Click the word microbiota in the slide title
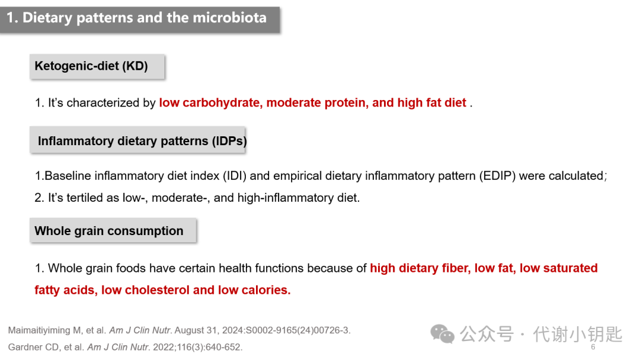(230, 18)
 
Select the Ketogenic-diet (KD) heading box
(97, 67)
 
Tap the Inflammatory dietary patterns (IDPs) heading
(138, 140)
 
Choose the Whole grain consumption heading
(113, 231)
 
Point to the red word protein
(343, 102)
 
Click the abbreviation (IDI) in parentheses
(235, 176)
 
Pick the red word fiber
(456, 268)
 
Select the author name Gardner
(25, 348)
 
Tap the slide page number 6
(593, 347)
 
